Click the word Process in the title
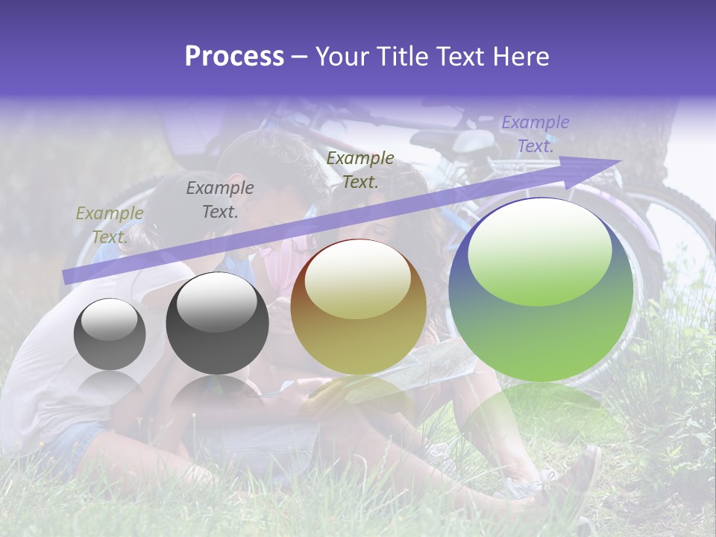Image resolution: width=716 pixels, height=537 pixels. click(x=234, y=57)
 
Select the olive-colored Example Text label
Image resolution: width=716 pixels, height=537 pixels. click(x=110, y=224)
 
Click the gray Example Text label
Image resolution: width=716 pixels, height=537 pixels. click(x=220, y=199)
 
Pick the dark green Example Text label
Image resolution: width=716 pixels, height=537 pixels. click(x=360, y=169)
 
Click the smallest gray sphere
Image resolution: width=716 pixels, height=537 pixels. click(x=110, y=334)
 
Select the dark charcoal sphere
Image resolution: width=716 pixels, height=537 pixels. click(x=217, y=323)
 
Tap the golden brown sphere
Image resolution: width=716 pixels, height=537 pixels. click(x=358, y=307)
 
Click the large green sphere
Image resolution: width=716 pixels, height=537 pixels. click(x=541, y=289)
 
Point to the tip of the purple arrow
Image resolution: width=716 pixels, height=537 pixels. click(x=619, y=161)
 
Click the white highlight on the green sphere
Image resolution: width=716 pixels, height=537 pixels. click(x=539, y=251)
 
